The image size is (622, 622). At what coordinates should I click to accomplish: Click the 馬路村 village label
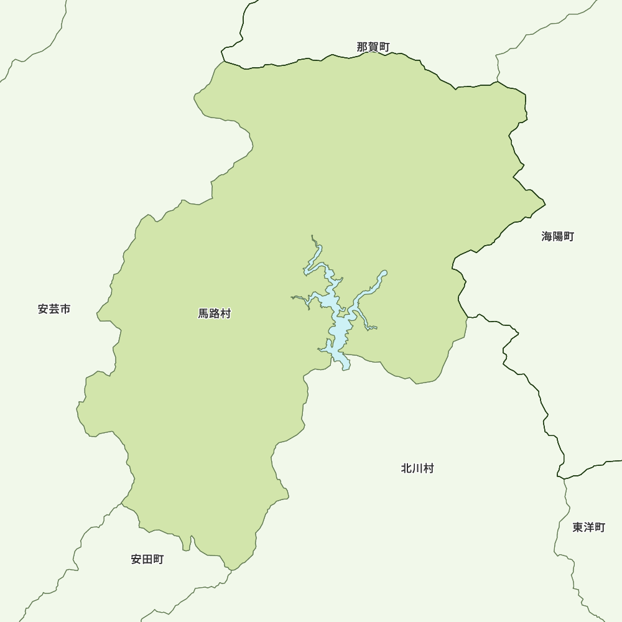coord(215,314)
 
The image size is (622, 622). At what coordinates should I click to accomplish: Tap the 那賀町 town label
coord(373,47)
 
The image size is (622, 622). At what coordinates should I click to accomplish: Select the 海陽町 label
coord(557,236)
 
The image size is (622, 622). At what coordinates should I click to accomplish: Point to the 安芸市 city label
coord(54,309)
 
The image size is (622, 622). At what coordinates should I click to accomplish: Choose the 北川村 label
coord(417,468)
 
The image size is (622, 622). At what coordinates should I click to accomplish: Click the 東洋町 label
coord(588,527)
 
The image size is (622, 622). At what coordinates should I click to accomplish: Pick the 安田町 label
coord(147,559)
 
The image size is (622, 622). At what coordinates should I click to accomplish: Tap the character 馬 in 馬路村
coord(204,314)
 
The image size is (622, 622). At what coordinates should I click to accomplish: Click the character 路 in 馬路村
coord(215,314)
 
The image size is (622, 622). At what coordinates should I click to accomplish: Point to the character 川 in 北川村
coord(417,468)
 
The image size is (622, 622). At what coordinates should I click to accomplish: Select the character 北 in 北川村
coord(407,468)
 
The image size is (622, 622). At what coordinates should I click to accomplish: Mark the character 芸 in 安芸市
coord(54,309)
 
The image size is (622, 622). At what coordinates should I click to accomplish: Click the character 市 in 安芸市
coord(65,309)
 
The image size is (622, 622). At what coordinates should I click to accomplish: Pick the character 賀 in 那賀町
coord(373,47)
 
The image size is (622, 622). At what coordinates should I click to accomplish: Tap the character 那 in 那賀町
coord(363,47)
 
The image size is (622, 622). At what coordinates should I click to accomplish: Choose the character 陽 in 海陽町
coord(557,236)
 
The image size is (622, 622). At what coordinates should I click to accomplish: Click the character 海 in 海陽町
coord(547,236)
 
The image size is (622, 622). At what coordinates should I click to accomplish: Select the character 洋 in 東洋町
coord(588,527)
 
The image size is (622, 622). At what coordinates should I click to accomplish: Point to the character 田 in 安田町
coord(147,559)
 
